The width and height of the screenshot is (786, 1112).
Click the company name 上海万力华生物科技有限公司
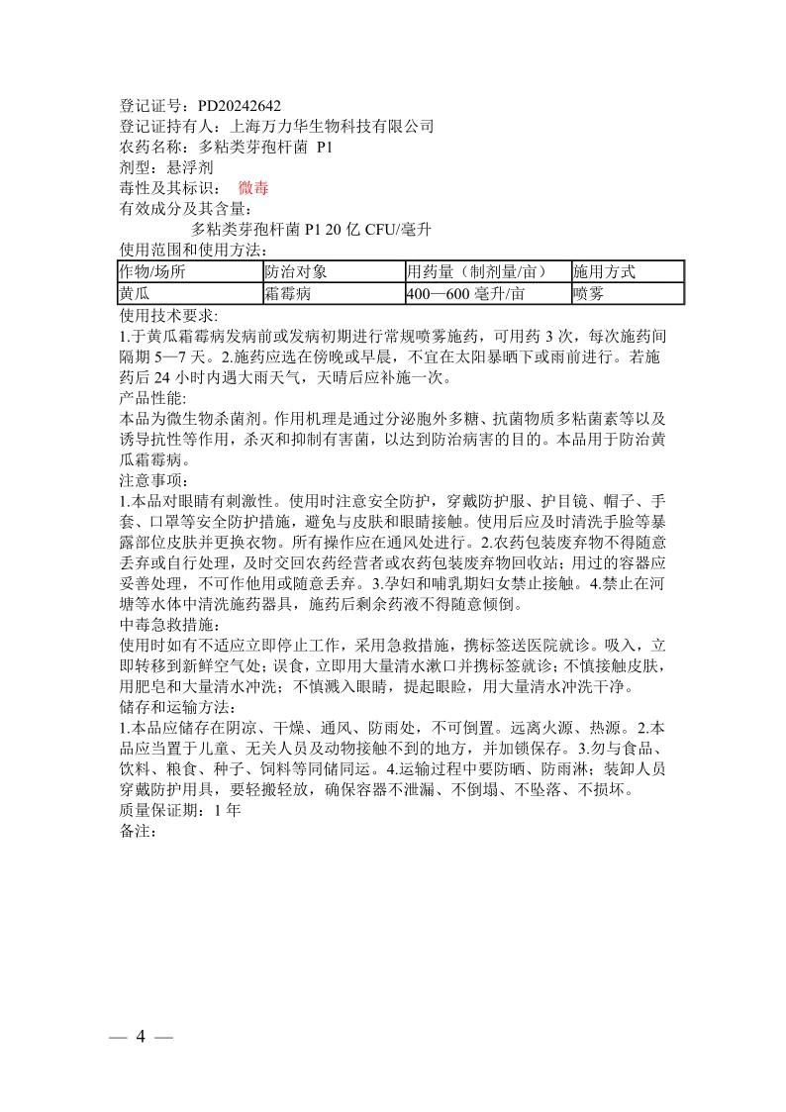332,127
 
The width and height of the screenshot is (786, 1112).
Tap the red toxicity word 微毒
253,188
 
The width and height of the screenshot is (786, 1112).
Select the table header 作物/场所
151,271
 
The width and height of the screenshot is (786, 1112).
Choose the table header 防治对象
295,271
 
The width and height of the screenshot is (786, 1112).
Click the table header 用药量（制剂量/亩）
477,271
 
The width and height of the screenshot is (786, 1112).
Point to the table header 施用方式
604,271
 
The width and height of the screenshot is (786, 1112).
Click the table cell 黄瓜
135,294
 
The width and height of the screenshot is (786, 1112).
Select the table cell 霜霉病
288,294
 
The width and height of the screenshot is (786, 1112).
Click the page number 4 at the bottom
142,1037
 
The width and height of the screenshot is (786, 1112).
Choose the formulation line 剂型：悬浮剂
166,168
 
